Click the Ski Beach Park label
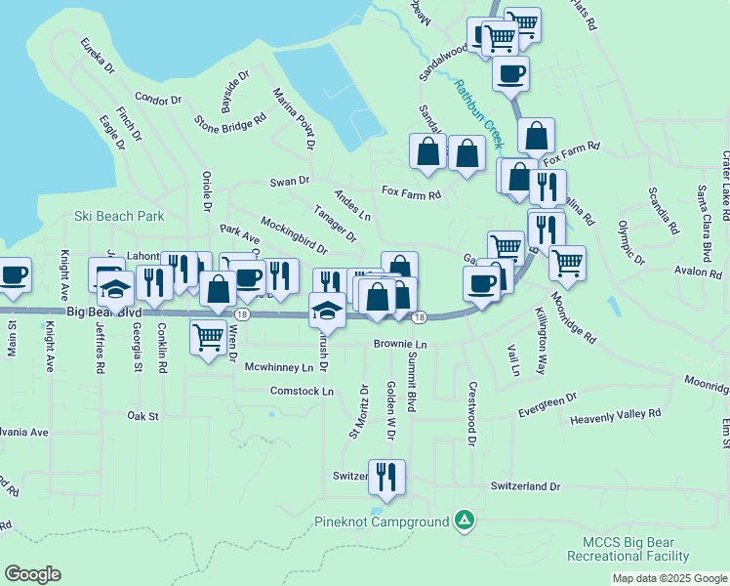pos(119,216)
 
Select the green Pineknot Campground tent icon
pos(466,522)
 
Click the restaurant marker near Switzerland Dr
pos(386,478)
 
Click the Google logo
pos(32,574)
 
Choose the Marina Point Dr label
pos(294,117)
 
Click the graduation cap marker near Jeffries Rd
pos(115,289)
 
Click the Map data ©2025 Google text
pos(669,578)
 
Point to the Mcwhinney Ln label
pos(279,367)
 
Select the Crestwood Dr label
pos(470,401)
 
